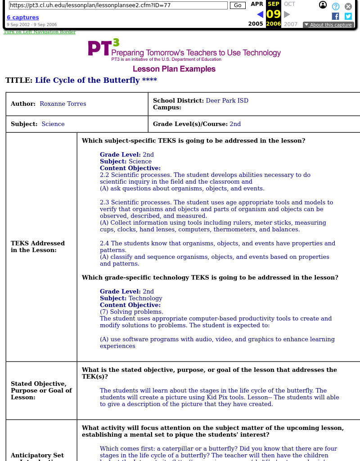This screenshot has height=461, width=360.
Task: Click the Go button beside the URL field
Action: (x=238, y=5)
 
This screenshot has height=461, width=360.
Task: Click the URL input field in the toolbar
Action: (x=118, y=5)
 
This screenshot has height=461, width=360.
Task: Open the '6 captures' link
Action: (x=22, y=18)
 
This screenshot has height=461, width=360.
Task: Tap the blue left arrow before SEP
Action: (x=260, y=14)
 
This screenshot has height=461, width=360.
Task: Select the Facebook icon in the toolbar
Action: (x=335, y=16)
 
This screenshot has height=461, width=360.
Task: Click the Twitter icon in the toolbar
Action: (x=348, y=16)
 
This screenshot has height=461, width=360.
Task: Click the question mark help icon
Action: (x=336, y=6)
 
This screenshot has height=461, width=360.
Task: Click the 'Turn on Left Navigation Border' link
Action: (x=40, y=32)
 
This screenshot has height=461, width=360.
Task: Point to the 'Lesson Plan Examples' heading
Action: (x=174, y=69)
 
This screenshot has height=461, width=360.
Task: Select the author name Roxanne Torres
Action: (x=63, y=104)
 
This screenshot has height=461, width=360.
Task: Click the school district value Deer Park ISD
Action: (x=227, y=101)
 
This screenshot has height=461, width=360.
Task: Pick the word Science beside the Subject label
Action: (x=53, y=124)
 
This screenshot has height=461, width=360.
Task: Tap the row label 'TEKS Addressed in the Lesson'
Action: (x=38, y=247)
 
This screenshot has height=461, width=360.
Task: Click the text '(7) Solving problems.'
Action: (x=131, y=312)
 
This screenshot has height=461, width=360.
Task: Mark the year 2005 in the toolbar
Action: (x=256, y=24)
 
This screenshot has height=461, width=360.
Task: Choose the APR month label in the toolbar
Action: (x=257, y=4)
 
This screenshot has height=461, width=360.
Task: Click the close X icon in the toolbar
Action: (x=348, y=6)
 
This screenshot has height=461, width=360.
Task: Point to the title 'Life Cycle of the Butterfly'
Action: (x=87, y=81)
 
